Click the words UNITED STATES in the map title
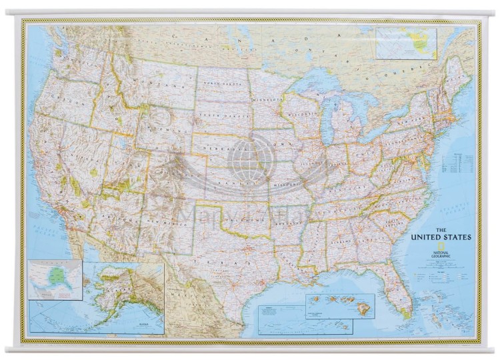441,237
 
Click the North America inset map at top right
406,43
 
